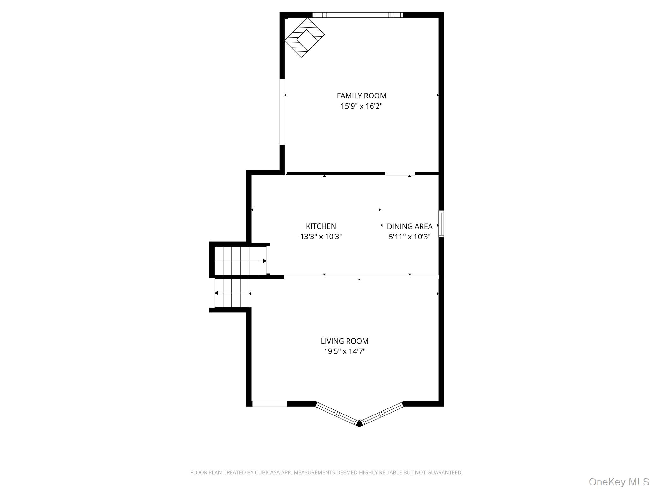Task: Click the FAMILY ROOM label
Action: (x=361, y=96)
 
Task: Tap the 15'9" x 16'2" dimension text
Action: (x=361, y=106)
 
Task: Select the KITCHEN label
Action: (x=321, y=226)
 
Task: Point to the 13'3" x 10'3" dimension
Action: (x=321, y=237)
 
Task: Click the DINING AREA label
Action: (x=409, y=226)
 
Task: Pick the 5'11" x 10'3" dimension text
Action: (x=409, y=237)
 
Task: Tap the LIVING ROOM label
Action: (x=344, y=341)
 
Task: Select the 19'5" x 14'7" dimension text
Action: (x=344, y=351)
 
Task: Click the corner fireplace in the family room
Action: (x=304, y=37)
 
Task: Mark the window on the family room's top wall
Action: (x=357, y=15)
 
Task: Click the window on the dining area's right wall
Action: (x=441, y=224)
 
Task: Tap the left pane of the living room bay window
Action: (x=337, y=414)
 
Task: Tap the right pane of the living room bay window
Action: (x=382, y=414)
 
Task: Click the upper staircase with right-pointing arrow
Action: (x=240, y=261)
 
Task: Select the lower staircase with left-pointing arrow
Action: (x=232, y=293)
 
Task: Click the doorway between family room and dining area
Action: (x=400, y=174)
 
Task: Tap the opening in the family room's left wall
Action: (x=282, y=112)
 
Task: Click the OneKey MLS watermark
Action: (x=619, y=482)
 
